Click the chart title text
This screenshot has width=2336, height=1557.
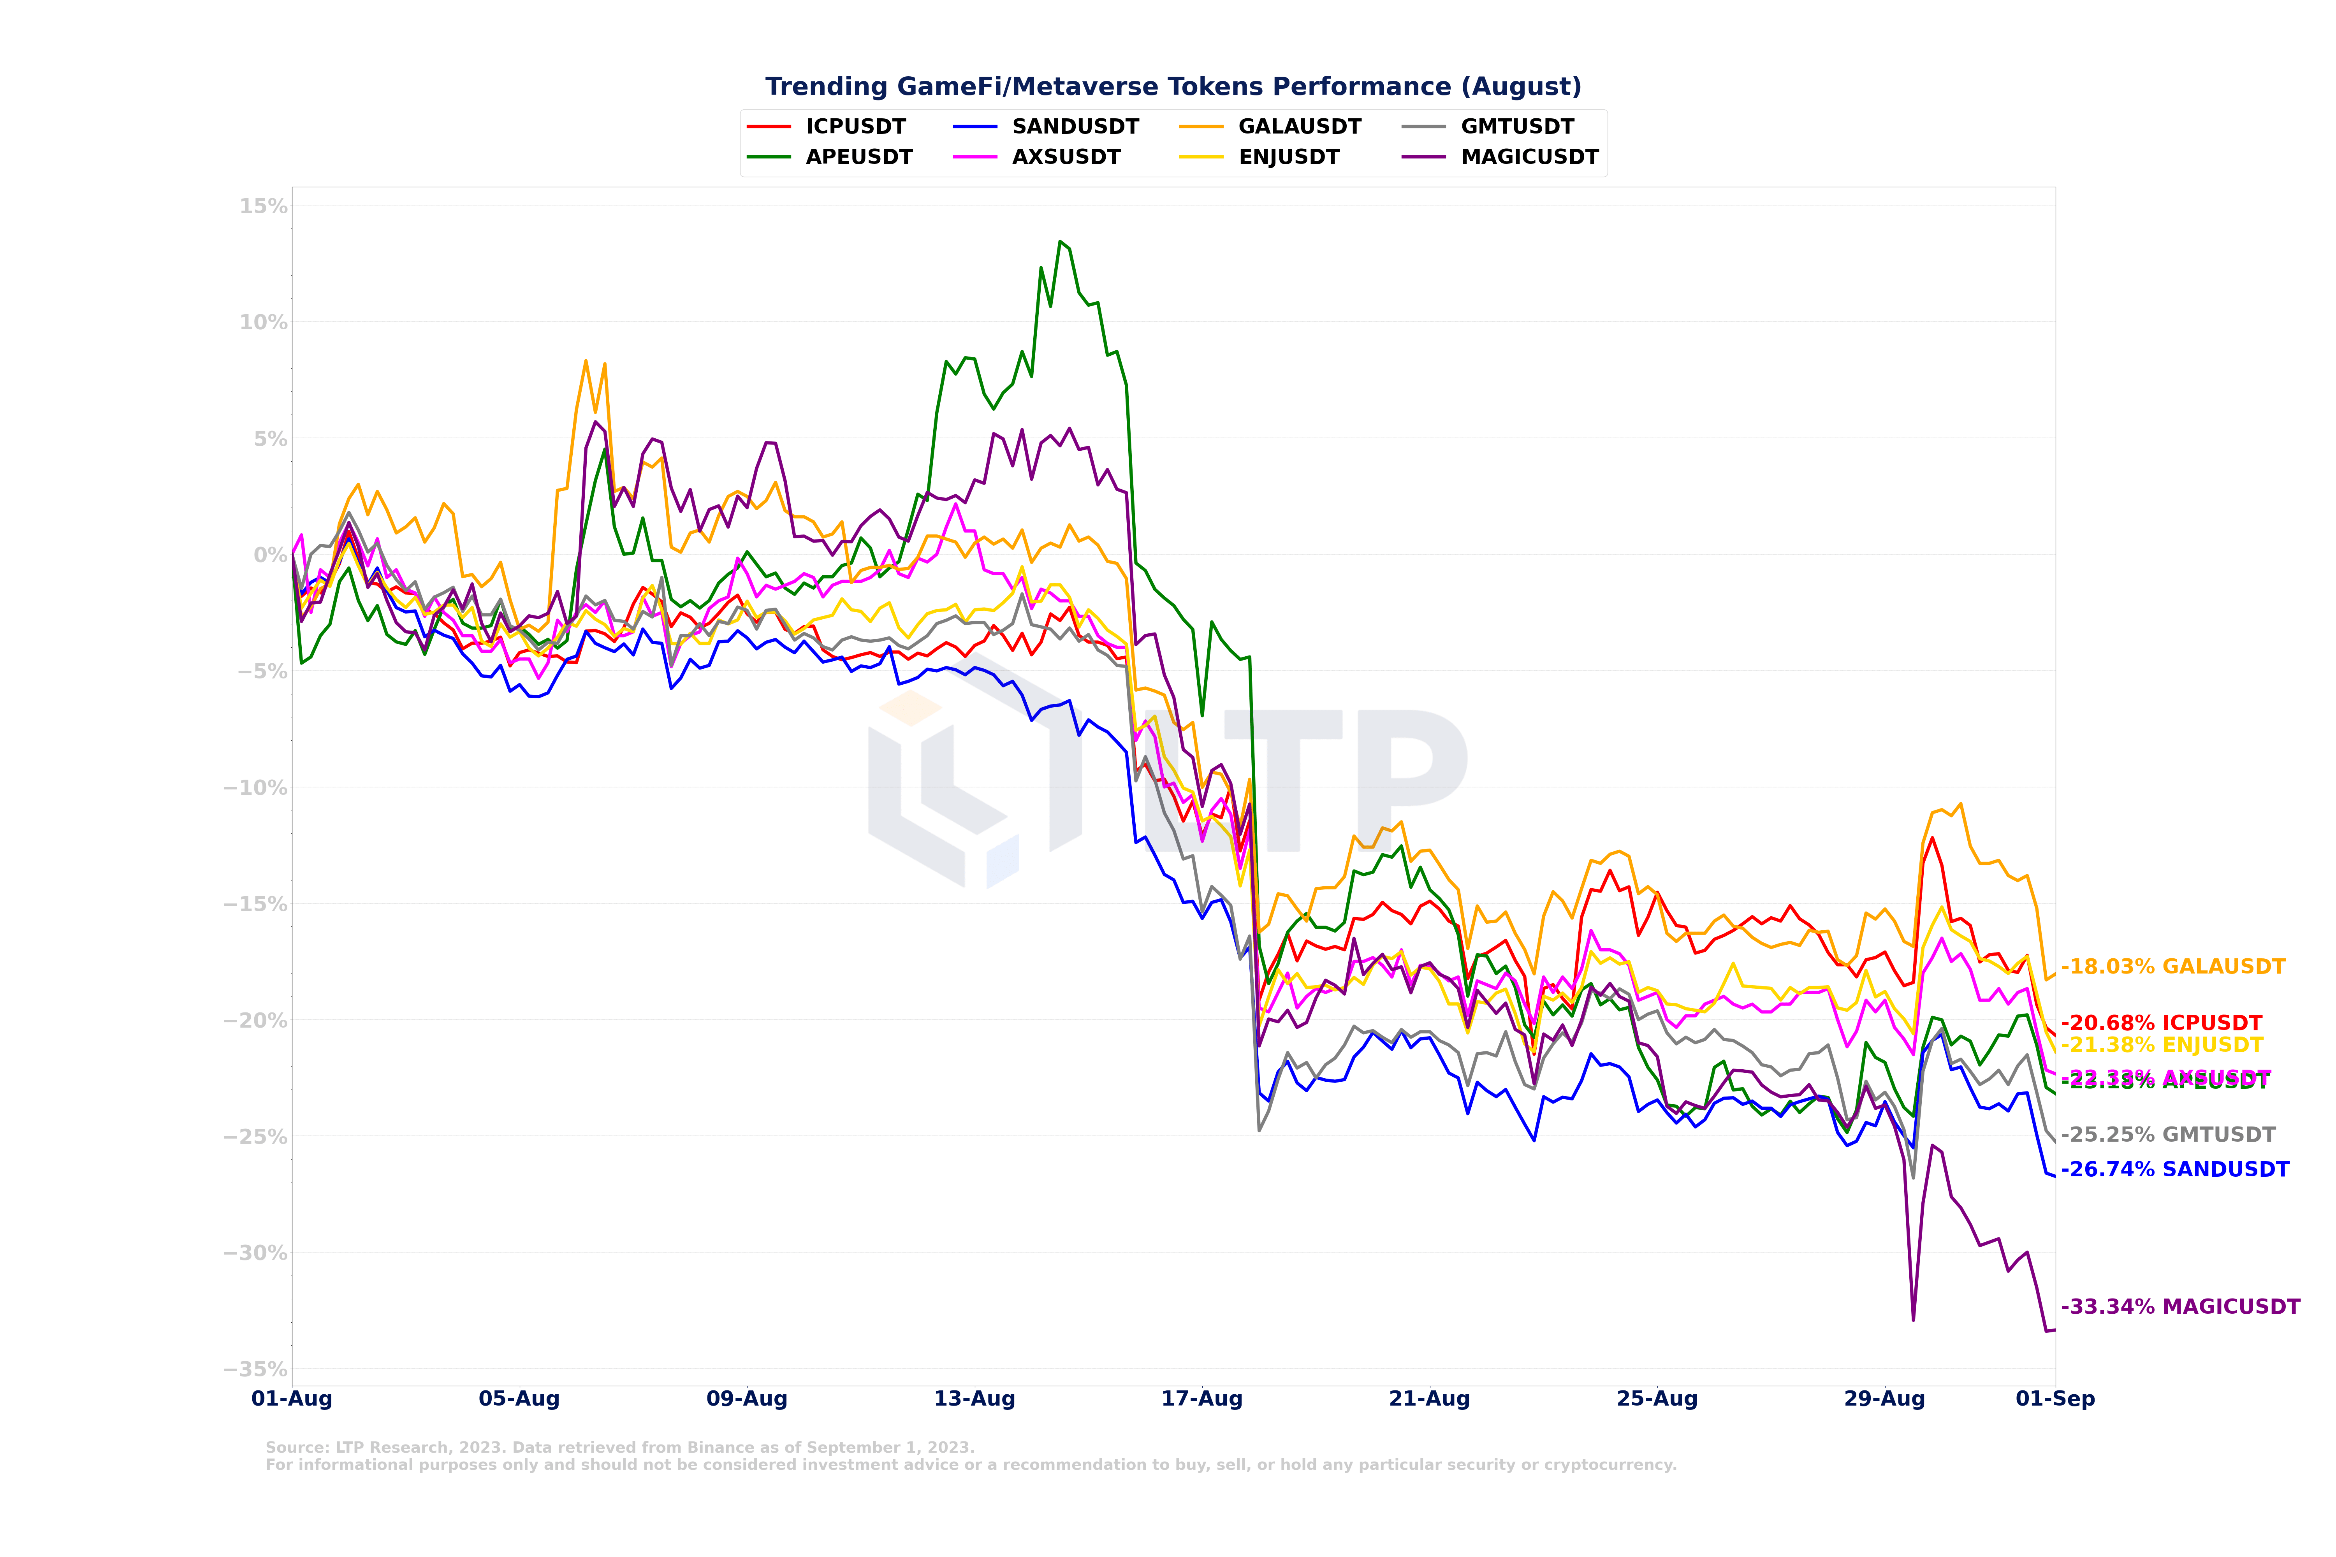pyautogui.click(x=1173, y=87)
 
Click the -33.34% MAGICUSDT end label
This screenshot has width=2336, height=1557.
pyautogui.click(x=2180, y=1307)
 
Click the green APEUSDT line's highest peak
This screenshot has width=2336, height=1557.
pyautogui.click(x=1060, y=241)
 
